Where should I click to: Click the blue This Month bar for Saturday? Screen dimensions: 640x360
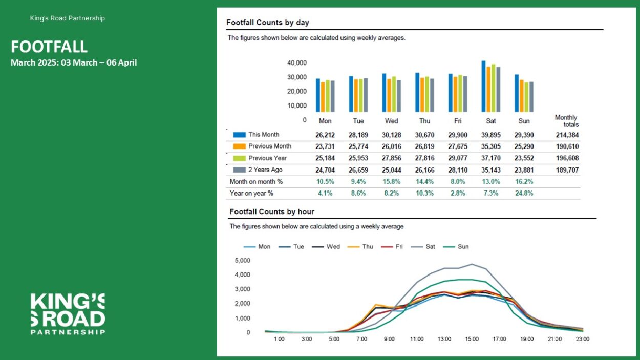tap(483, 86)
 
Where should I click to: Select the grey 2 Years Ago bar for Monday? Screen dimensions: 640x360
tap(333, 96)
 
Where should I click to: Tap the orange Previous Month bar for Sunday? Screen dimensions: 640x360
tap(522, 96)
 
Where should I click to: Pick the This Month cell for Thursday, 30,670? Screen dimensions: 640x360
tap(424, 135)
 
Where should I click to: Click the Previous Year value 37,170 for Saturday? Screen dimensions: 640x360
tap(491, 158)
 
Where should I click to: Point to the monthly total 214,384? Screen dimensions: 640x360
tap(567, 135)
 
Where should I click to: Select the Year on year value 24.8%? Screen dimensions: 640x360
tap(524, 193)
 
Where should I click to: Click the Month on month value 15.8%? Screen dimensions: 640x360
tap(392, 181)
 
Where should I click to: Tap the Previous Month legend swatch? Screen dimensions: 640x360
tap(240, 146)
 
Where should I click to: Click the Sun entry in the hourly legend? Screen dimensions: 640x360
tap(456, 246)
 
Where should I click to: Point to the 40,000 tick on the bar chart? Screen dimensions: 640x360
tap(297, 63)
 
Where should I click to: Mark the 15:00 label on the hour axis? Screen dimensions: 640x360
tap(472, 339)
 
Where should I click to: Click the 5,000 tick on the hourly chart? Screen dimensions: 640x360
tap(242, 260)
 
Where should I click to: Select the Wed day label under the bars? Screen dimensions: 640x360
tap(392, 121)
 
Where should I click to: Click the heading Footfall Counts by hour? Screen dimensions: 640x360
tap(272, 211)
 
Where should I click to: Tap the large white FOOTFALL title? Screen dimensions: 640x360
tap(49, 47)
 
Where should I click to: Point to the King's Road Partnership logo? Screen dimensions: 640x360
tap(68, 314)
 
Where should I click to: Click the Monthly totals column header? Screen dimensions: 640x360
tap(567, 121)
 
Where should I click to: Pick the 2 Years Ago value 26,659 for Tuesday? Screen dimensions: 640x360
tap(358, 170)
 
